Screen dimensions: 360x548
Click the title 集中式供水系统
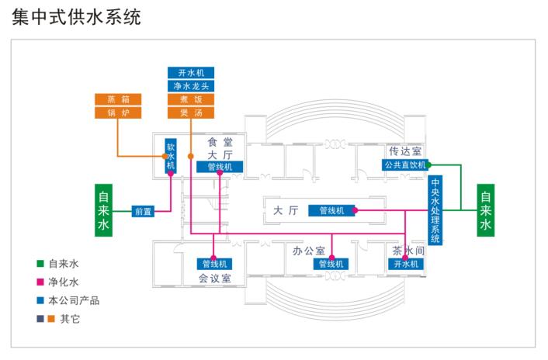76,16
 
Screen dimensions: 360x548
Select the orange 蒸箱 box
117,99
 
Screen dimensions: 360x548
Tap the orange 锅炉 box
117,112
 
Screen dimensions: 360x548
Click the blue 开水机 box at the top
190,73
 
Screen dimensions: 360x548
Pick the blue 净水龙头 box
190,86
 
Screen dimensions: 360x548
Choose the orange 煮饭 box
190,99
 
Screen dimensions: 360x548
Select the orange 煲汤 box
190,112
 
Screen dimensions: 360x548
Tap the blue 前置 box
143,210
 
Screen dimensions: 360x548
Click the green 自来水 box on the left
105,209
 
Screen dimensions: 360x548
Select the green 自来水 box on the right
485,209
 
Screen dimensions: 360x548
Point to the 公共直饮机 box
404,164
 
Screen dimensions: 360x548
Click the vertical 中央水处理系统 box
435,212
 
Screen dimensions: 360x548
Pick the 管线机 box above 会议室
213,264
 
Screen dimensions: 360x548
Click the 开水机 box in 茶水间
406,264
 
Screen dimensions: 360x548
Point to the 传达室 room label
404,151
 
